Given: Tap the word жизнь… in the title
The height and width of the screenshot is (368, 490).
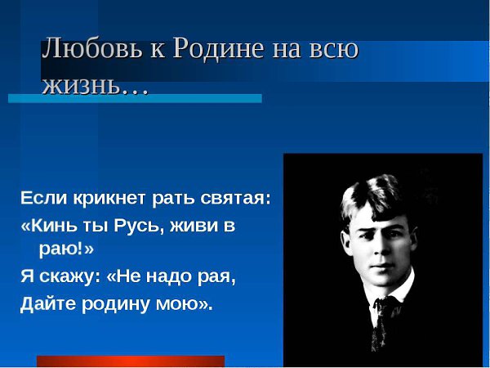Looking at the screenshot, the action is (x=95, y=85).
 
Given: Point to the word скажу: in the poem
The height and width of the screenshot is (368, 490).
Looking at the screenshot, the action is (x=70, y=277).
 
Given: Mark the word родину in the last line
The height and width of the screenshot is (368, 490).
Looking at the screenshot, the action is (x=115, y=304).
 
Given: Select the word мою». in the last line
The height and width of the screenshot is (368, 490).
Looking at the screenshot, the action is (x=184, y=303).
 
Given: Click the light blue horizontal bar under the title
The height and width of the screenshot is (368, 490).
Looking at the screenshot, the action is (x=135, y=98).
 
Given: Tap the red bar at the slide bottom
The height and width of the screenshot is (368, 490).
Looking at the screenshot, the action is (x=131, y=361).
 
